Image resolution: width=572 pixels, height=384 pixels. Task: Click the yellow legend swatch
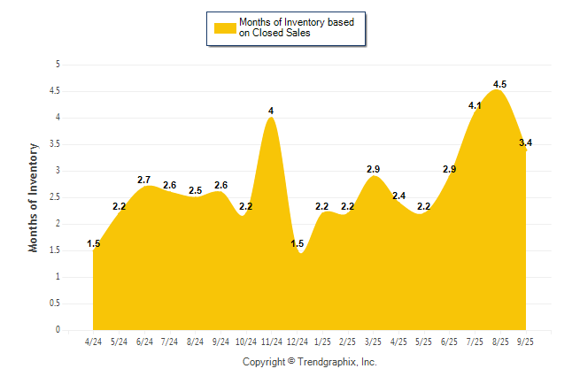click(225, 27)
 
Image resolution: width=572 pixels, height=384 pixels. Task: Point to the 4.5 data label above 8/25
click(499, 85)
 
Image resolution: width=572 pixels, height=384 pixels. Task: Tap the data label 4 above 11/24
click(271, 111)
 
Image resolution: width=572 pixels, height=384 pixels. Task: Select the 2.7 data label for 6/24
click(144, 180)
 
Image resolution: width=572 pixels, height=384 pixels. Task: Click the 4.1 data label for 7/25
click(475, 106)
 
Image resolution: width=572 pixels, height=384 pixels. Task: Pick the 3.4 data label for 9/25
click(525, 143)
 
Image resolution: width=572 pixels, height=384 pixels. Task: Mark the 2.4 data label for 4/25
click(398, 196)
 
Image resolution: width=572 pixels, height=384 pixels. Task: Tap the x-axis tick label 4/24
click(93, 341)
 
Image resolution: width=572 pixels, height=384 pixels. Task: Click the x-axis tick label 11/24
click(271, 341)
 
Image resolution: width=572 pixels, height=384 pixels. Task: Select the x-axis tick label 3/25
click(374, 341)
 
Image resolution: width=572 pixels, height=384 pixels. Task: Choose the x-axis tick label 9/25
click(526, 341)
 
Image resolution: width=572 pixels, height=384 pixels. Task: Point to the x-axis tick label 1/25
click(322, 341)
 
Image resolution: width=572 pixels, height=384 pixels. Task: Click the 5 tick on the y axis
click(58, 65)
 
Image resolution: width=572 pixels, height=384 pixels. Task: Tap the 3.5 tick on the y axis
click(55, 144)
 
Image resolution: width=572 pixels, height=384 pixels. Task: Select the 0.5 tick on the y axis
click(55, 303)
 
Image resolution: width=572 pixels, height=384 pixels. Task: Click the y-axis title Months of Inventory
click(34, 197)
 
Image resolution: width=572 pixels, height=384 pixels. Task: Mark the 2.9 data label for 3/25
click(374, 169)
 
